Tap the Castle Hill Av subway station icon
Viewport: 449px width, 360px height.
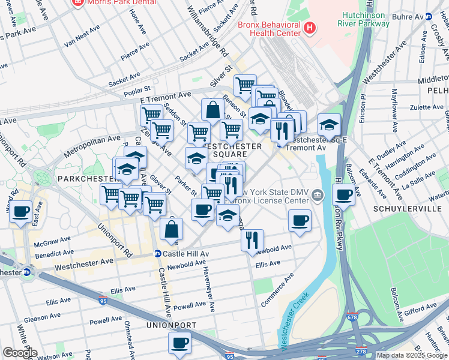click(x=157, y=254)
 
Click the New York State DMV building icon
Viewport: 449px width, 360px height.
click(x=318, y=193)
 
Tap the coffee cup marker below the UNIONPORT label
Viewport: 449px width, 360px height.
click(x=179, y=344)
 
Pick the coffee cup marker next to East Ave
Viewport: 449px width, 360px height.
click(x=21, y=212)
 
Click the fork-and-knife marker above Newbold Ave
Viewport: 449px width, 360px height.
click(x=253, y=240)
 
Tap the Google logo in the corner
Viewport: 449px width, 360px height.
click(x=20, y=353)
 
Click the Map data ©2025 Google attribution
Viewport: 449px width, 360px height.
click(x=412, y=355)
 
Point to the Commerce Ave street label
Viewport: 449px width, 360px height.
click(x=277, y=290)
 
